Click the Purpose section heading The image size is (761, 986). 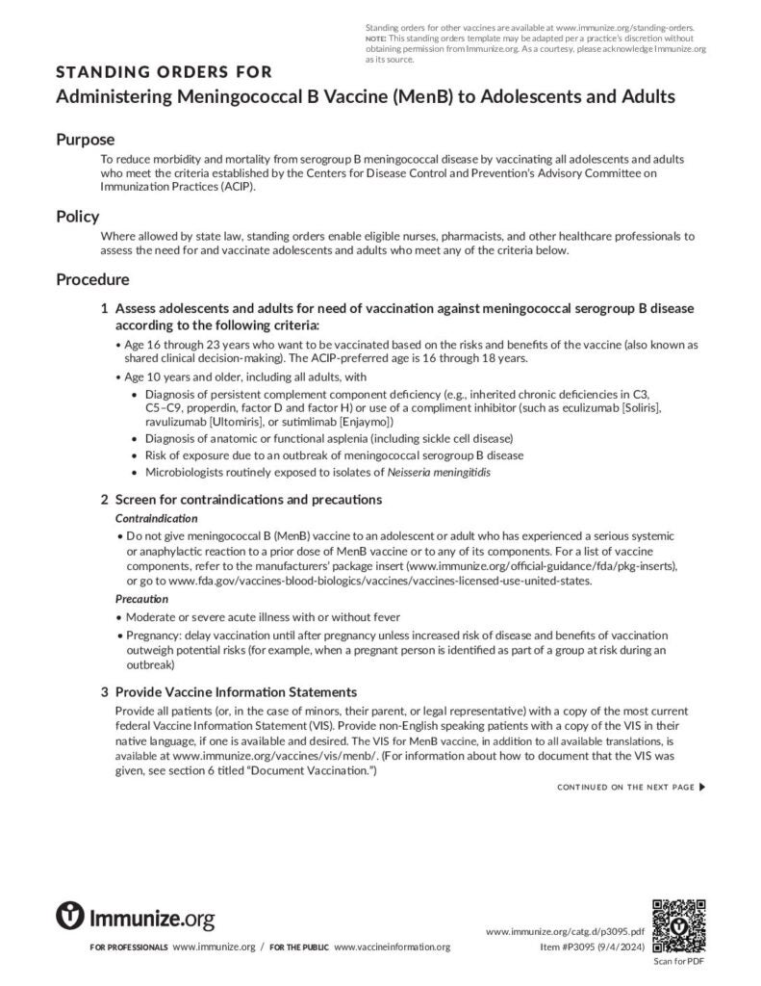click(86, 140)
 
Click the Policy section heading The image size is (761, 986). click(77, 217)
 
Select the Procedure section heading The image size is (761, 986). click(92, 280)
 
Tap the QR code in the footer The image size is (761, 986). click(679, 926)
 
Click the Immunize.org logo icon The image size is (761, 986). click(71, 917)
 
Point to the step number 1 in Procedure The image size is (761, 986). click(104, 308)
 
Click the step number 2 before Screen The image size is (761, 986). click(104, 500)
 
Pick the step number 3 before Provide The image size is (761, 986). click(104, 692)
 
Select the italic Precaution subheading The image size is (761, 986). click(141, 599)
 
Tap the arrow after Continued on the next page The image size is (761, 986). click(702, 788)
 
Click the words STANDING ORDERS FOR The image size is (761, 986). click(164, 72)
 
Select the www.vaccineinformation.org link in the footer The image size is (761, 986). click(392, 947)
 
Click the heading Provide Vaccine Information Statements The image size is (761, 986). click(236, 692)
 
